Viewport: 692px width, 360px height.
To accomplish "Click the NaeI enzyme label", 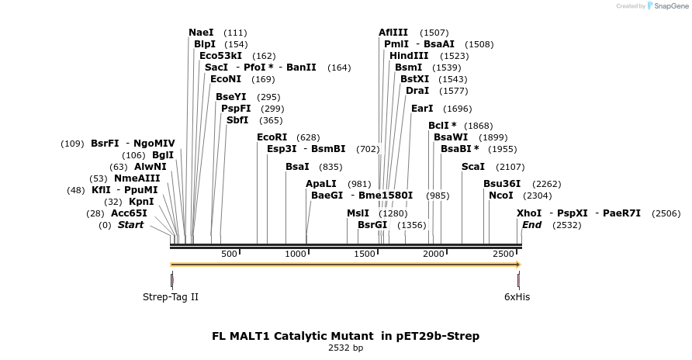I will coord(201,33).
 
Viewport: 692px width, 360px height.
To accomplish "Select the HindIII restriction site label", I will coord(409,56).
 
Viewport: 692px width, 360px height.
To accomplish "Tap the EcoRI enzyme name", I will coord(272,137).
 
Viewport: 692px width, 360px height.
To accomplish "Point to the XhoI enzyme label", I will coord(529,213).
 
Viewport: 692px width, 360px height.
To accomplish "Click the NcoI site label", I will coord(500,196).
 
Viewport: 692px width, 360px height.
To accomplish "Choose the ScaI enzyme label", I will coord(473,167).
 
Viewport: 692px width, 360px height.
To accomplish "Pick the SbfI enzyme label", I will coord(237,120).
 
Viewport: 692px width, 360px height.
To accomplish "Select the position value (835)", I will coord(330,167).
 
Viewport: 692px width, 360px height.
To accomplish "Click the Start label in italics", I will coord(130,225).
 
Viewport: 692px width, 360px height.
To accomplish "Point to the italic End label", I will coord(532,225).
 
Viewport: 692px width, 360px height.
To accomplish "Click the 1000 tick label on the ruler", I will coord(296,254).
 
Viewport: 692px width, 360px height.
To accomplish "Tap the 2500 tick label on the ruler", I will coord(503,254).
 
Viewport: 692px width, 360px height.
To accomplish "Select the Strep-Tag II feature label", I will coord(171,297).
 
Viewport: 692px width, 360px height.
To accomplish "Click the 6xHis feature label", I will coord(517,297).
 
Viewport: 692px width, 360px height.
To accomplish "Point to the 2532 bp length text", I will coord(345,348).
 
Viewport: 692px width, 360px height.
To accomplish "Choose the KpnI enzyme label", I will coord(141,202).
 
